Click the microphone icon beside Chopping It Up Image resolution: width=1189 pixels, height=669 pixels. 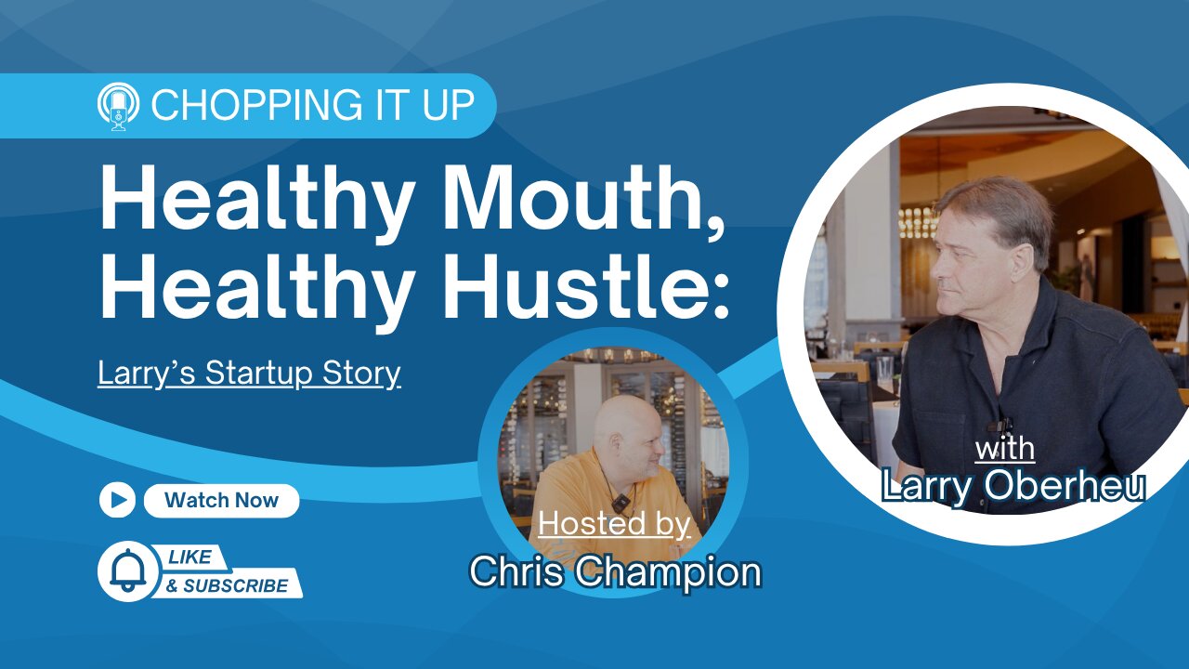[118, 106]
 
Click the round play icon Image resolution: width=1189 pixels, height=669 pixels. [117, 500]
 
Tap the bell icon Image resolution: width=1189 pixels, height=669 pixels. [128, 571]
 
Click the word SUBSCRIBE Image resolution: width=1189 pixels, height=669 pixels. [236, 585]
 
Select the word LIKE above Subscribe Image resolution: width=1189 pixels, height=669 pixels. [190, 557]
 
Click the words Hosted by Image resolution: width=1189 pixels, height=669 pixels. [614, 524]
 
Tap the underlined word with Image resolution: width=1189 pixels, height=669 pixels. [1005, 449]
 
